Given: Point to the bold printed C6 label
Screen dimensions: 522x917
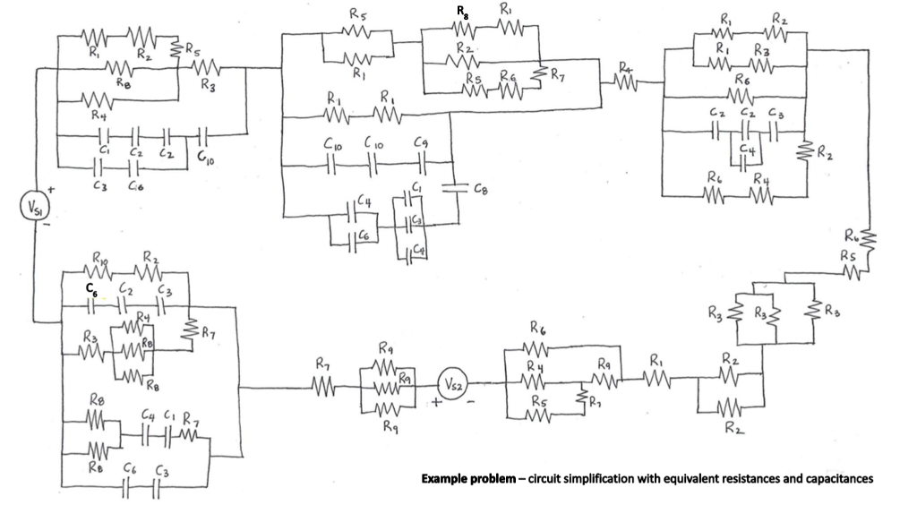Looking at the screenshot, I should click(90, 288).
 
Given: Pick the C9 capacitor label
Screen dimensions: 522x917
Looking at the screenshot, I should click(421, 141).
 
